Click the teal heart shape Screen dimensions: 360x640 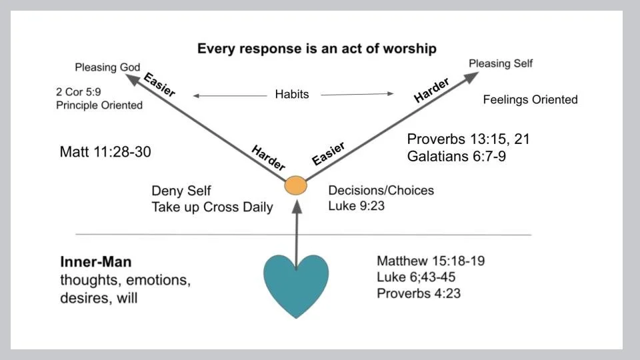297,283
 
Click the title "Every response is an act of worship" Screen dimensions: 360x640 317,49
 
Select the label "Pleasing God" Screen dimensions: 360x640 107,67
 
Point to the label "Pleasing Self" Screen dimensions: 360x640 501,63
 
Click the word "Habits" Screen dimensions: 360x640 292,95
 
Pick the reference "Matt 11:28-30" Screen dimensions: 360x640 105,152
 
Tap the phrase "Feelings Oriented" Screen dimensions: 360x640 530,100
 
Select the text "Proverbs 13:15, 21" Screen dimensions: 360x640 468,139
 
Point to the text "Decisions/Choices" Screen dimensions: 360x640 381,191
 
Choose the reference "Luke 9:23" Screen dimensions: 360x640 356,206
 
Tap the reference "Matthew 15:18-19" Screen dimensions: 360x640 430,261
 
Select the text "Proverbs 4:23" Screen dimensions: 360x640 419,293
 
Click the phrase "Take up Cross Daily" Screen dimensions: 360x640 212,207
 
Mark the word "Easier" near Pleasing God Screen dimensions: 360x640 159,85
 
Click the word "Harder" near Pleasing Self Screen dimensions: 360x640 431,90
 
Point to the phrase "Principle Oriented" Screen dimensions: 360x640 99,105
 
